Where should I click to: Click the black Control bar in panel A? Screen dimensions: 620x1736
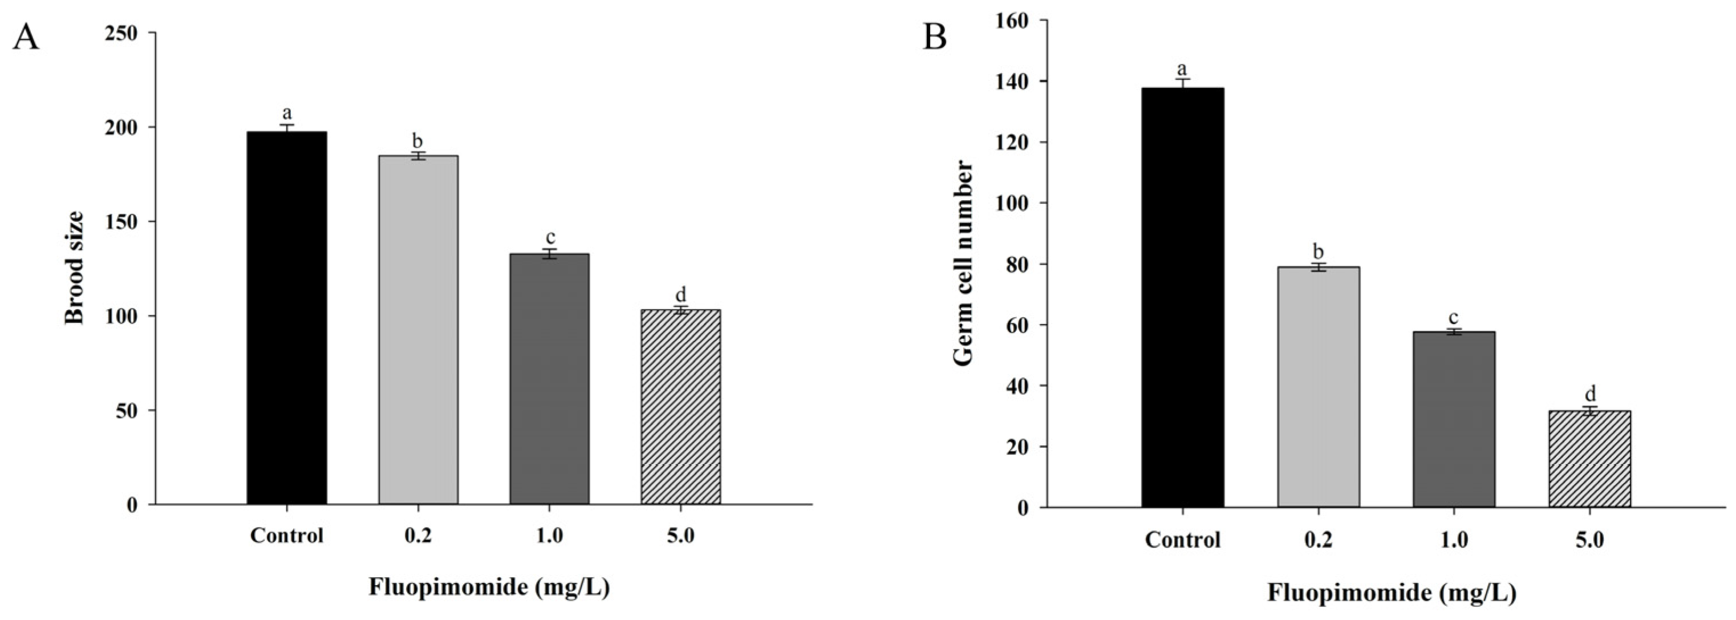point(287,317)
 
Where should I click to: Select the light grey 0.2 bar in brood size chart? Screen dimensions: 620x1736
point(418,330)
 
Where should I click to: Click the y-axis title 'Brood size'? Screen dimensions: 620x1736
point(75,268)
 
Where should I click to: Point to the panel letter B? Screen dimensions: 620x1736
point(935,38)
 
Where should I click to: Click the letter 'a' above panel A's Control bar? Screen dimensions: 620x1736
point(287,112)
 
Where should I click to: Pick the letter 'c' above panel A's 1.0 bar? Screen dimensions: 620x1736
point(550,237)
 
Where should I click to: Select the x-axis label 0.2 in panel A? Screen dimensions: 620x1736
point(418,536)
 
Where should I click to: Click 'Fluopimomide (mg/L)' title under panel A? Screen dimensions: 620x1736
point(489,587)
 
